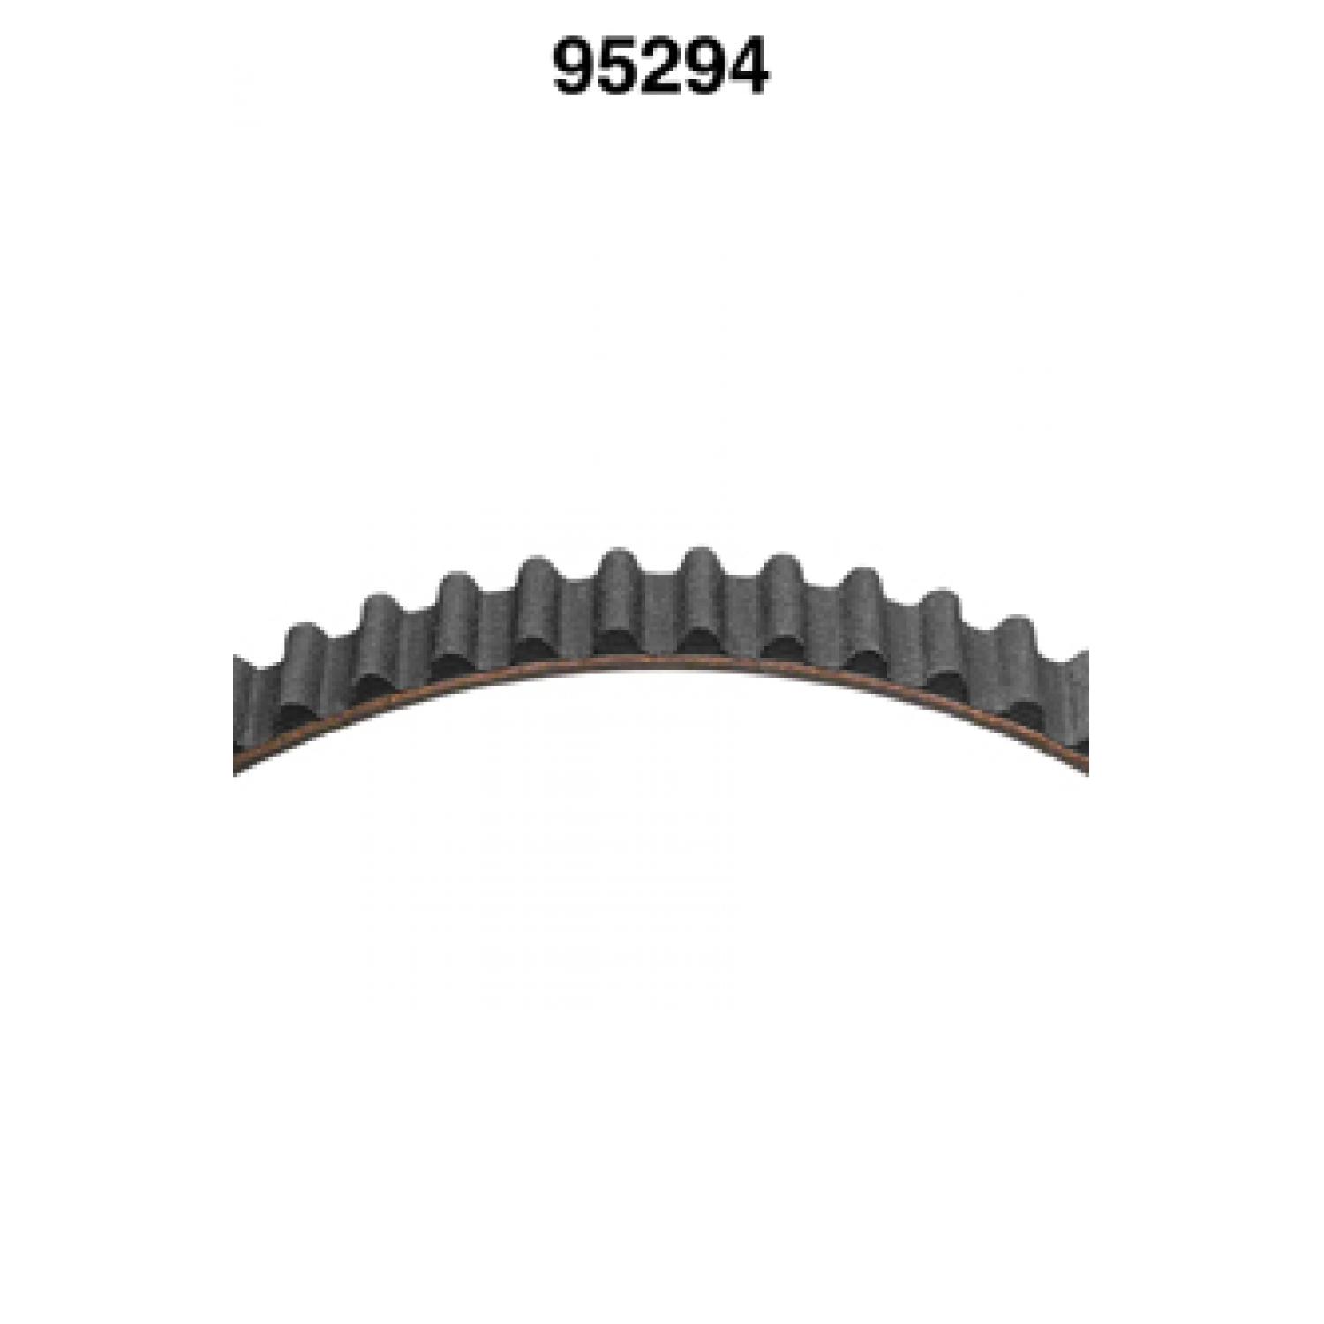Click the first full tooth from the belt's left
(x=305, y=662)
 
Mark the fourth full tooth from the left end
(x=538, y=596)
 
